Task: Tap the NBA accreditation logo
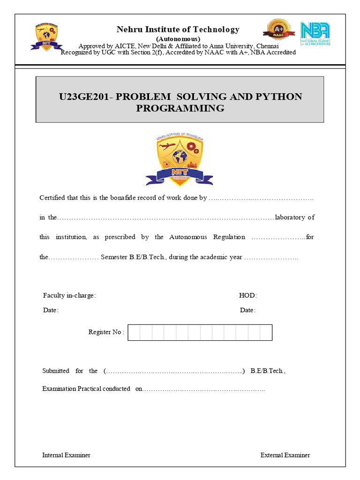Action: (x=315, y=33)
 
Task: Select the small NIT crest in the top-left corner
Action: (x=46, y=37)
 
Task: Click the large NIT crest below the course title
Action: (x=180, y=159)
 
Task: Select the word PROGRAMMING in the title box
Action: (x=180, y=108)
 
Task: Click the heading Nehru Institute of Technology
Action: (x=178, y=30)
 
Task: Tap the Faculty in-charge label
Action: (x=69, y=296)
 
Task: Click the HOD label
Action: (x=248, y=296)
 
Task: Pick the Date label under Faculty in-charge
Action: (x=51, y=310)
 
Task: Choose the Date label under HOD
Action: (x=247, y=310)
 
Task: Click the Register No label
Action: (x=106, y=332)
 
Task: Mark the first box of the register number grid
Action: (x=134, y=332)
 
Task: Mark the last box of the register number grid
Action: (x=266, y=332)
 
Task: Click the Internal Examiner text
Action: (x=66, y=455)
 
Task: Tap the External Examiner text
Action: (x=285, y=455)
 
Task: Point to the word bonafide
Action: (x=135, y=198)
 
